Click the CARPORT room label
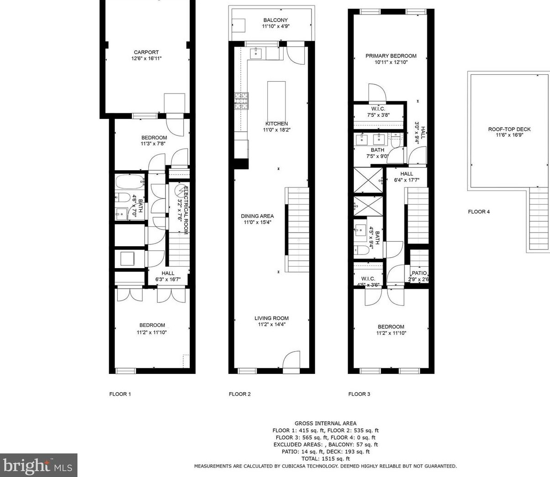(146, 52)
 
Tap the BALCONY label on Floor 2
(275, 20)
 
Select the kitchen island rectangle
(276, 101)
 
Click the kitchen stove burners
(241, 101)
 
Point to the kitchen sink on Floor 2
(256, 54)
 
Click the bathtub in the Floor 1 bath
(130, 181)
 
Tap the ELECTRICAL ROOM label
(185, 210)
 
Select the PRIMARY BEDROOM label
(391, 56)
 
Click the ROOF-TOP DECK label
(509, 129)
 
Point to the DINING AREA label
(257, 216)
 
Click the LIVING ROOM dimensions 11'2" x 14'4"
(271, 324)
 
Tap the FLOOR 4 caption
(479, 212)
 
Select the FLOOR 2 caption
(239, 394)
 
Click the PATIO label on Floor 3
(419, 273)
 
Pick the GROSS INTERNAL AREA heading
(326, 424)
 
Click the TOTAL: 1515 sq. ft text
(326, 459)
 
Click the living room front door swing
(291, 359)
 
